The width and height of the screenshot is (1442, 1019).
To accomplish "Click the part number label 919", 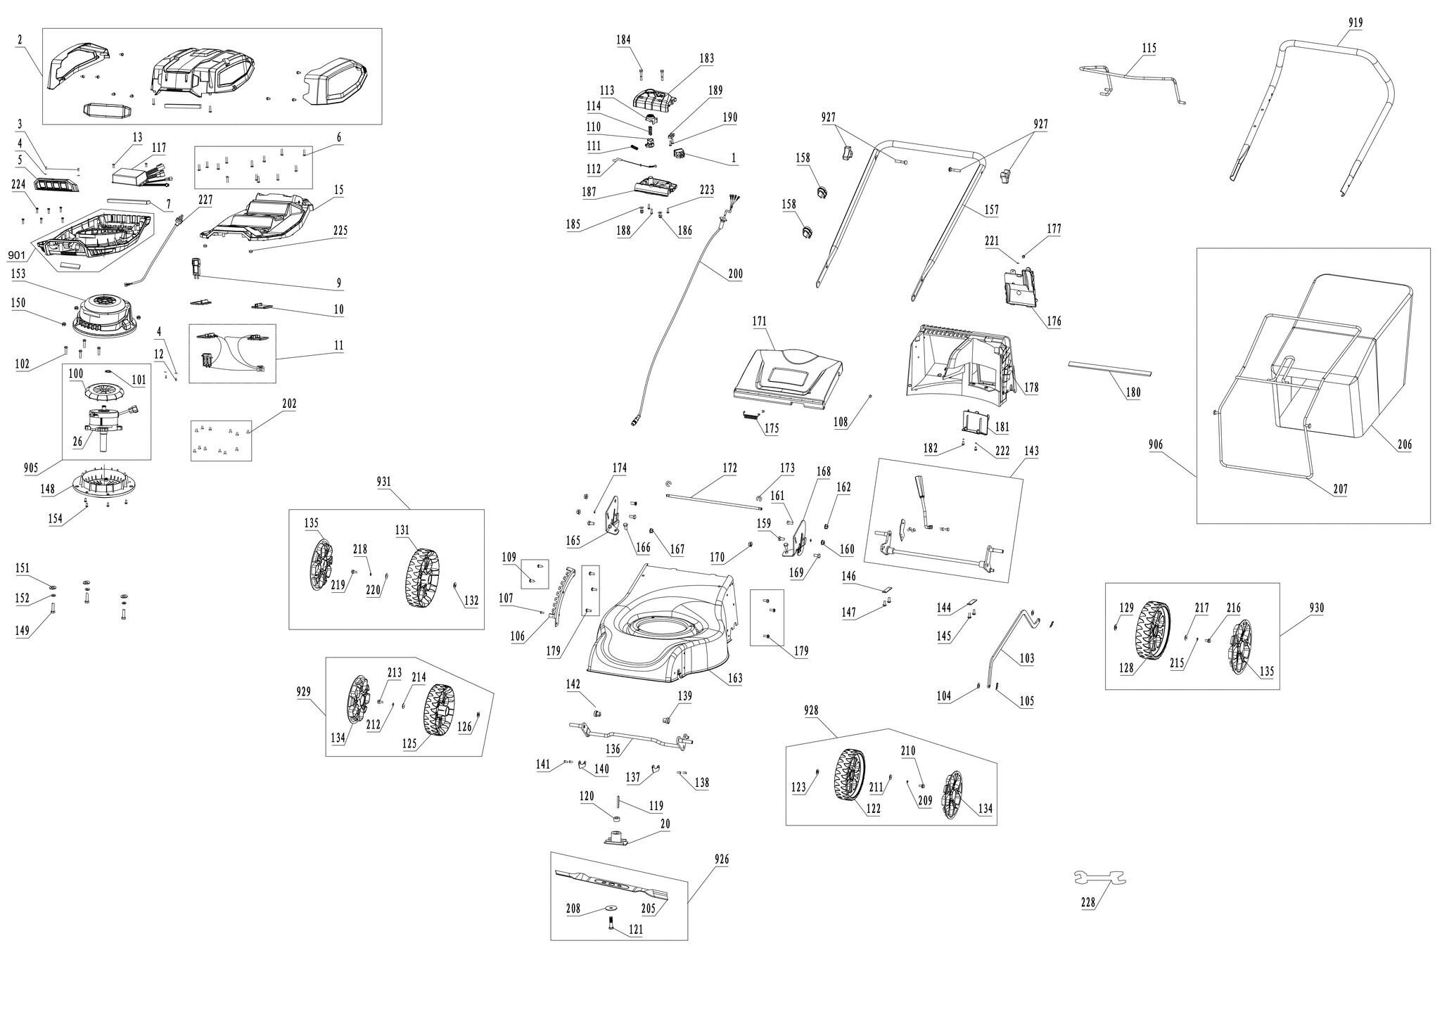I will pyautogui.click(x=1355, y=23).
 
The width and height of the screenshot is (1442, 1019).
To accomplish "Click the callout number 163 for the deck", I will pyautogui.click(x=735, y=679).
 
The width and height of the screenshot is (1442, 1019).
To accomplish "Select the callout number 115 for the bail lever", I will pyautogui.click(x=1149, y=48).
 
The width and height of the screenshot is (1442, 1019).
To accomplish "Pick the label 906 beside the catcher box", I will pyautogui.click(x=1156, y=444).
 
